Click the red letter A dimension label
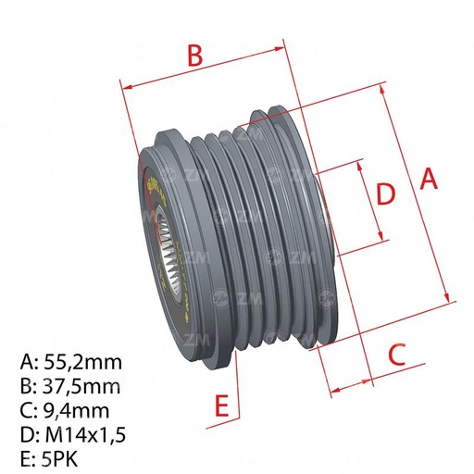(428, 179)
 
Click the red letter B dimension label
(193, 56)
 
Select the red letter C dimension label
(396, 353)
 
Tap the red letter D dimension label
(385, 193)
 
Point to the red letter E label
(220, 405)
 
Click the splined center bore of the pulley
(168, 249)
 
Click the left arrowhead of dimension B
(127, 88)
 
